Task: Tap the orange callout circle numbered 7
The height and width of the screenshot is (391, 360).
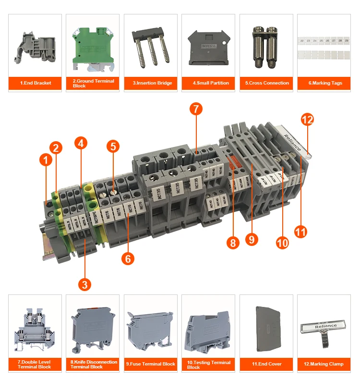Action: [195, 109]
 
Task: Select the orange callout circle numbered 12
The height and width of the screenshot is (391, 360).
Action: [307, 120]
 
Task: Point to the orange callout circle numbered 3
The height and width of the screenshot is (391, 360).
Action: [84, 284]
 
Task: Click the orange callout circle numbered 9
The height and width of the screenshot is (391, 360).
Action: [252, 239]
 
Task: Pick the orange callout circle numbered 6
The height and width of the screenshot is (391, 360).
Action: [128, 258]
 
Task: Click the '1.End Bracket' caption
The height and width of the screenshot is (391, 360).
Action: [36, 83]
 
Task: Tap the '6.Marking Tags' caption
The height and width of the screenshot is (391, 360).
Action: [325, 83]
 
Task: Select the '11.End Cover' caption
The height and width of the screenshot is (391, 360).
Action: [267, 364]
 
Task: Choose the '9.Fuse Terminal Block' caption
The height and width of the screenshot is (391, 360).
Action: [151, 364]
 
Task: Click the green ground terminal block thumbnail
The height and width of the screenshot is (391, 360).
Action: [93, 44]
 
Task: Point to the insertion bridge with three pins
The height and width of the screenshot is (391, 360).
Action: [150, 46]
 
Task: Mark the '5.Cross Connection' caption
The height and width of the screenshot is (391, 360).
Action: [267, 83]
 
